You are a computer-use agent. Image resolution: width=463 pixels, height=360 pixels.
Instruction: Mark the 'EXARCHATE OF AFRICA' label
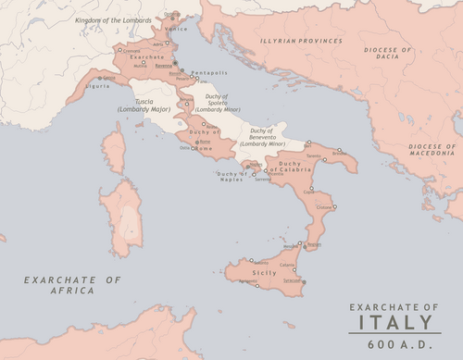[x=72, y=284]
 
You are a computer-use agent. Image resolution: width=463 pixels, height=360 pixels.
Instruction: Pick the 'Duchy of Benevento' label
[x=262, y=136]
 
